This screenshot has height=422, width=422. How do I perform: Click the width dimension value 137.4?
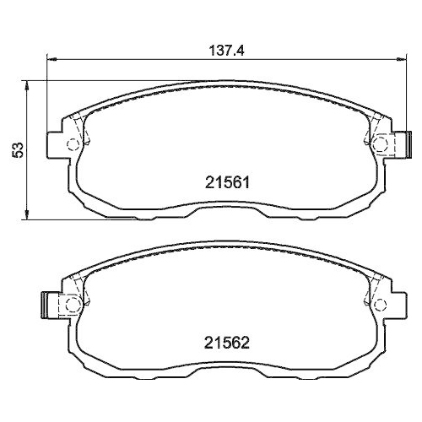click(x=226, y=50)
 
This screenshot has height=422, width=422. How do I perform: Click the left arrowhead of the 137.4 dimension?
click(x=48, y=60)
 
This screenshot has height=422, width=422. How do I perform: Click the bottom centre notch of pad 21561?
click(x=226, y=208)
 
